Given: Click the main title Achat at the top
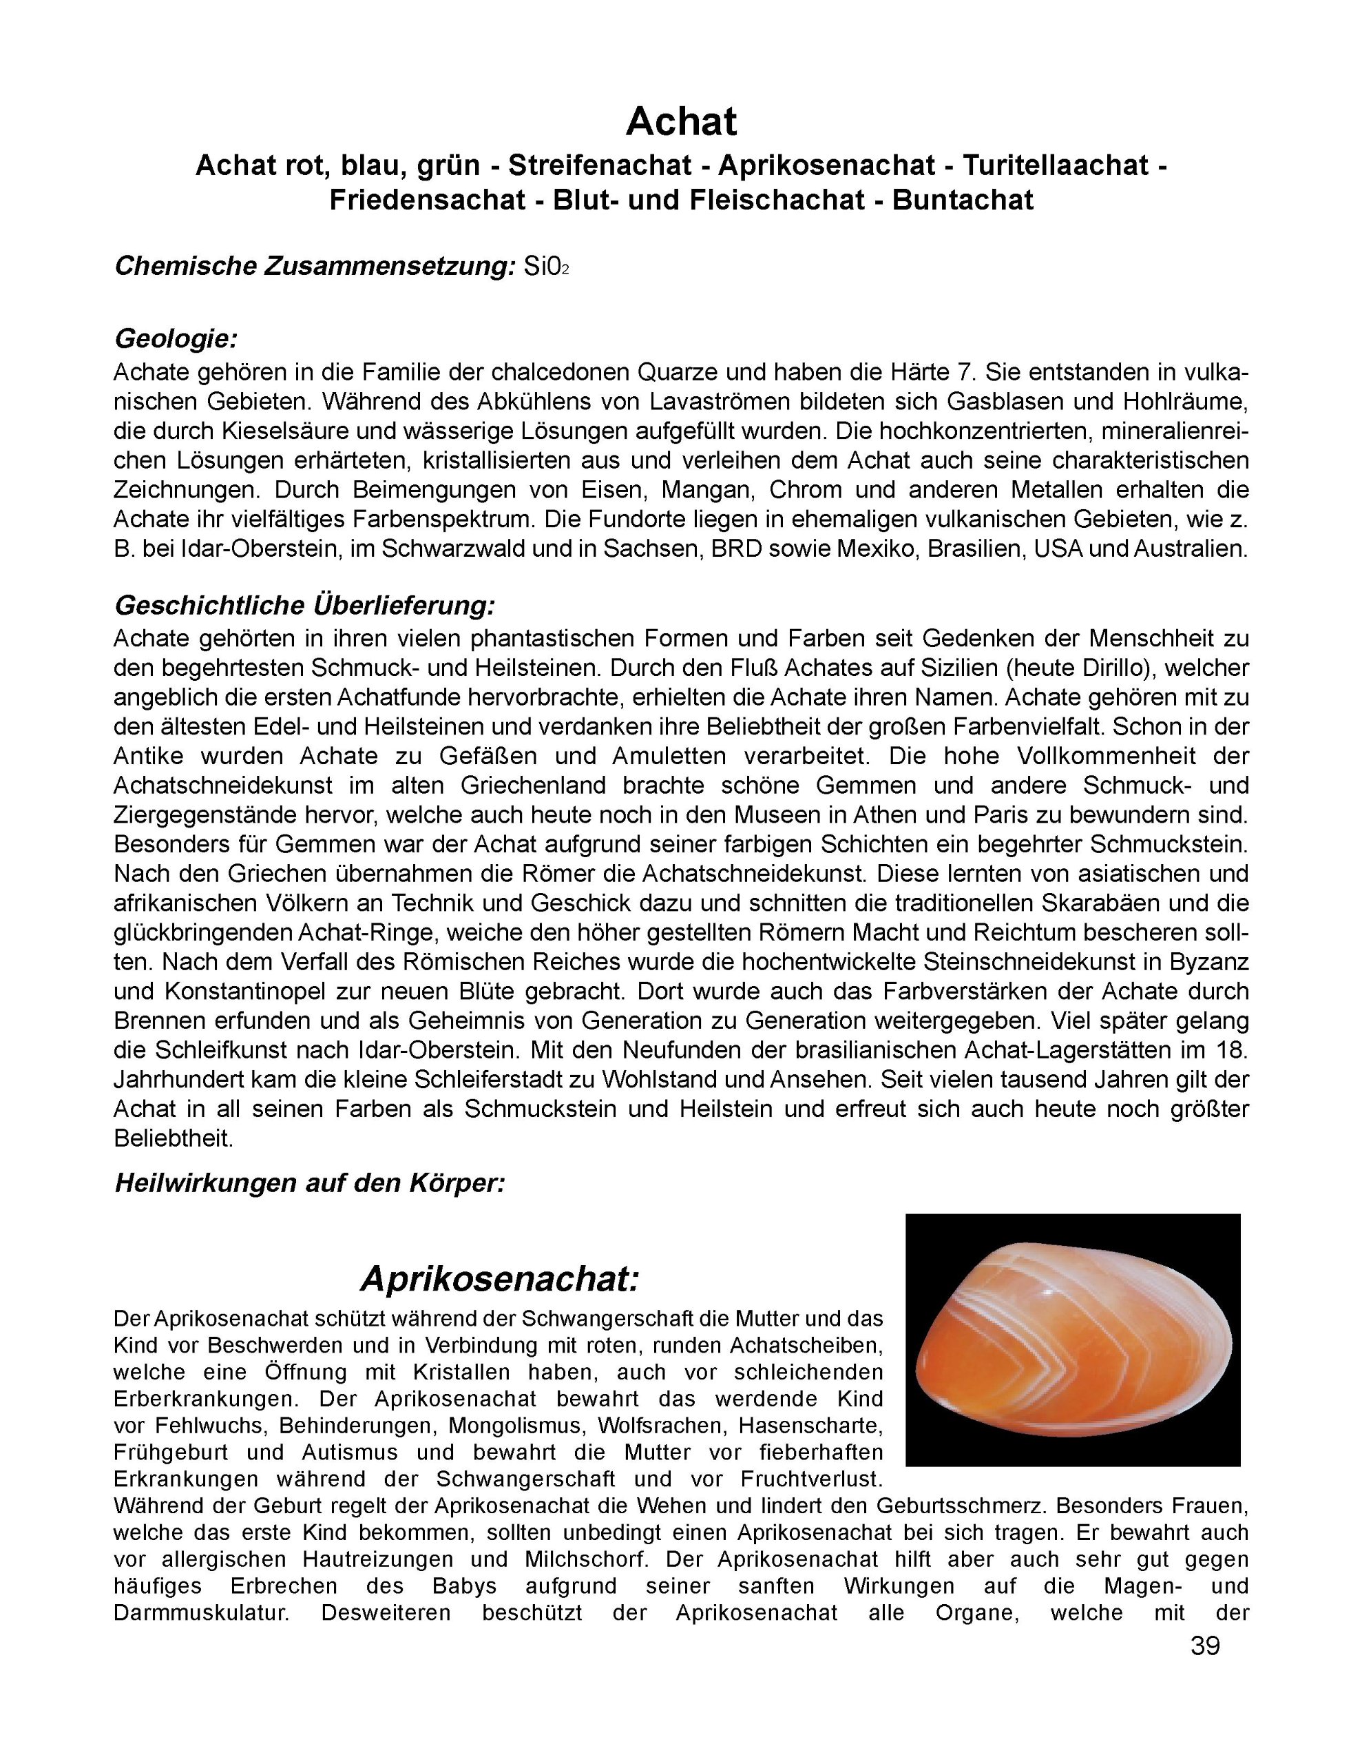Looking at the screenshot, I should point(680,122).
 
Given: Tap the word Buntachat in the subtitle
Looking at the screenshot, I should point(963,200).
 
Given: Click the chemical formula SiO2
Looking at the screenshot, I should point(547,267).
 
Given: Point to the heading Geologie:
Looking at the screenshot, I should point(176,338).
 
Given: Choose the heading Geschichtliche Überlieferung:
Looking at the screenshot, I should point(304,605).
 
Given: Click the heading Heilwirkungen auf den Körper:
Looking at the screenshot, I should point(310,1183).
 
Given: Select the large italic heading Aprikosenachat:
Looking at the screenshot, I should point(500,1279).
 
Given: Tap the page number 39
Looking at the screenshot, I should point(1204,1645).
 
